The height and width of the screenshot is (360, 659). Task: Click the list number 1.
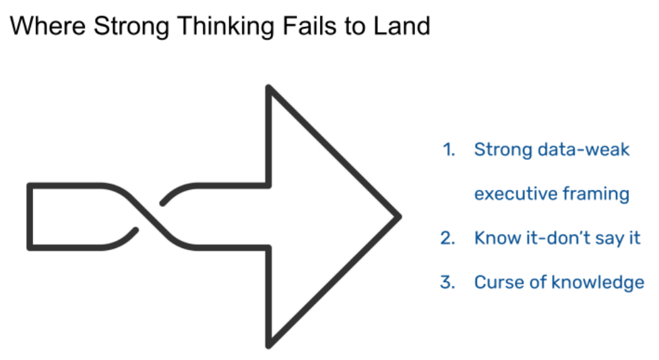(448, 149)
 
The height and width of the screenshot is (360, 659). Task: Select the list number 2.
(448, 238)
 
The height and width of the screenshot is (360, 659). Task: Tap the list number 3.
(448, 282)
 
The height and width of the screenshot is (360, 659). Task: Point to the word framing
(598, 194)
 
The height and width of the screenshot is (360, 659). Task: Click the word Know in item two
(496, 238)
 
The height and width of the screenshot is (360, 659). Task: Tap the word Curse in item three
(497, 282)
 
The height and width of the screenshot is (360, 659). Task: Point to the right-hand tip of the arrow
(400, 216)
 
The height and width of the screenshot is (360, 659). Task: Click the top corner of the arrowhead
(269, 88)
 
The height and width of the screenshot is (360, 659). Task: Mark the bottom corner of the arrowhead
(269, 345)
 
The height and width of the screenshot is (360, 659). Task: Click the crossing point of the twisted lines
(149, 216)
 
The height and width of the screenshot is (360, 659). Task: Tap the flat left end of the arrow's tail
(29, 216)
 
